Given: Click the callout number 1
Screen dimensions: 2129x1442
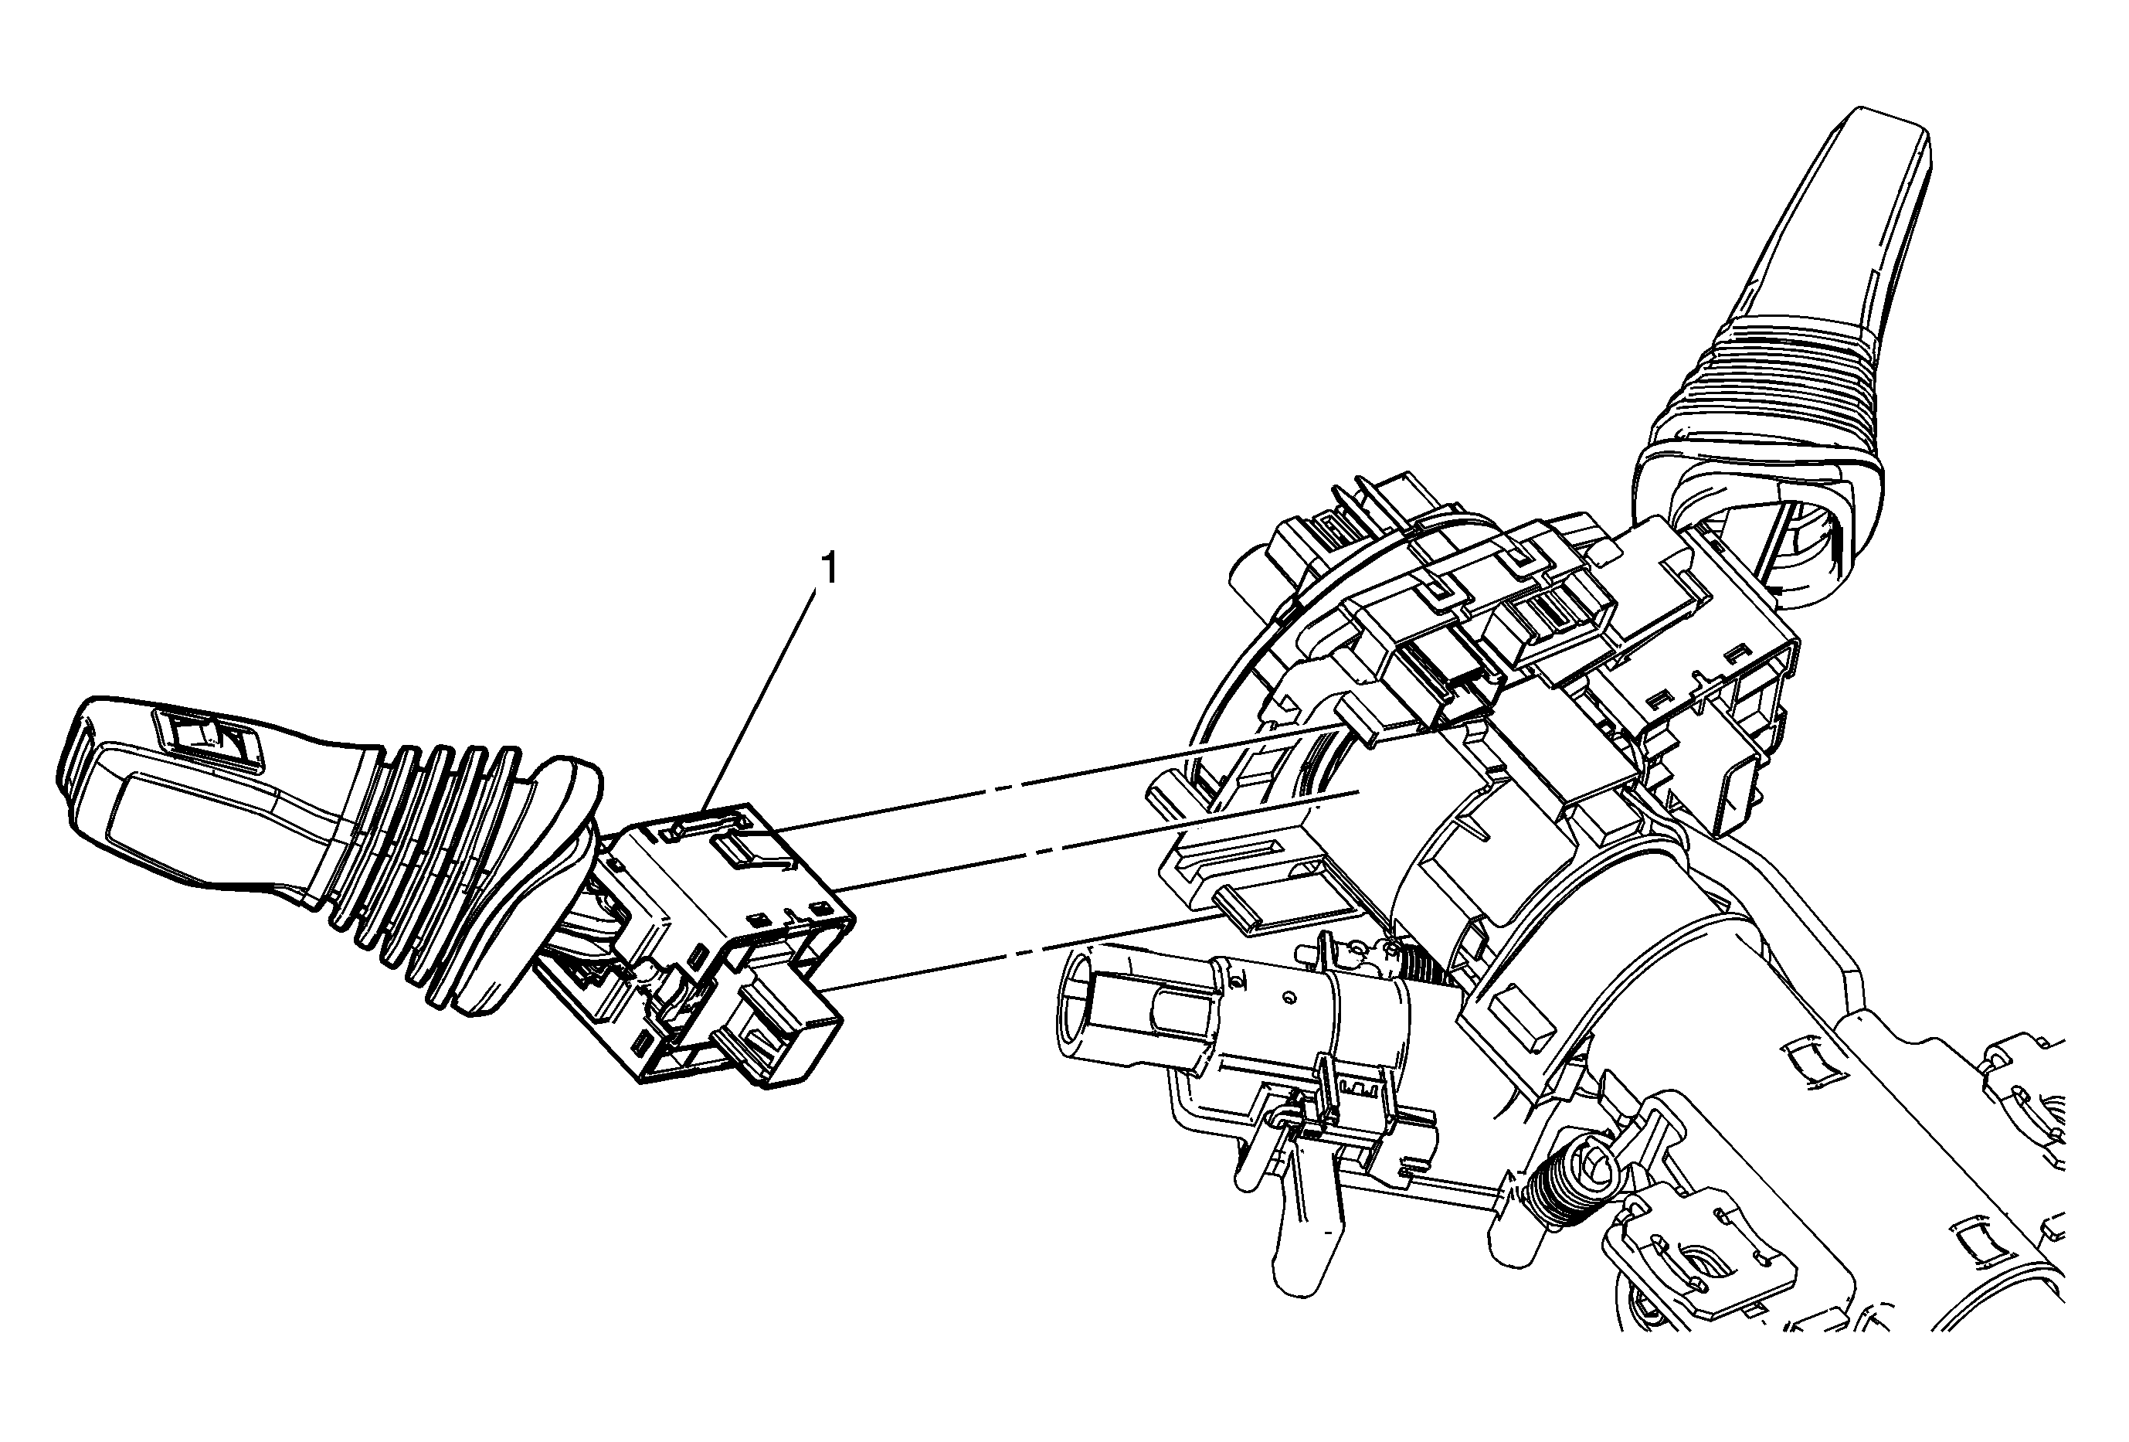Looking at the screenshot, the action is click(x=829, y=569).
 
